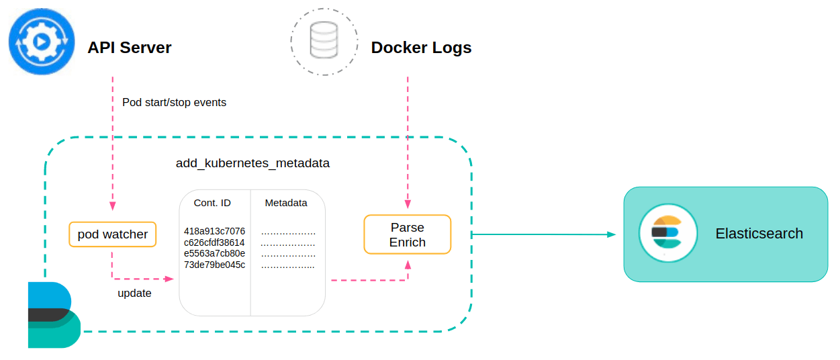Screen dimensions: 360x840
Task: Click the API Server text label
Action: [129, 48]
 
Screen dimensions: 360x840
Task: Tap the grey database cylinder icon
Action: [324, 41]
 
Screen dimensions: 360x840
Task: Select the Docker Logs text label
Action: [421, 48]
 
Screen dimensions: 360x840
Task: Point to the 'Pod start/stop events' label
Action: [174, 103]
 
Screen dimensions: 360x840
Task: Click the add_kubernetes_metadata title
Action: [252, 163]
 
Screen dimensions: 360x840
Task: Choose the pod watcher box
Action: [113, 234]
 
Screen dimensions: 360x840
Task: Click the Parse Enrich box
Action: [407, 234]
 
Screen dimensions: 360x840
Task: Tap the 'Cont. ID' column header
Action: [212, 203]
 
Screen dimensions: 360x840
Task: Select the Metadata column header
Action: [286, 203]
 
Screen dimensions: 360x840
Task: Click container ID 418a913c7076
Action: [214, 231]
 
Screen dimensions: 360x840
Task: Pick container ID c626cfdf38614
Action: [214, 242]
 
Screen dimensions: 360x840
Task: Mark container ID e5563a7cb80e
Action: [214, 253]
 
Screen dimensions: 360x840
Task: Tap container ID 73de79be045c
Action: [214, 265]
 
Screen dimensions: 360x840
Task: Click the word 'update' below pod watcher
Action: [134, 293]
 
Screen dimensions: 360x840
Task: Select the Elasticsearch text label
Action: [759, 234]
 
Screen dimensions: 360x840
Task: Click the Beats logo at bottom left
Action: [52, 315]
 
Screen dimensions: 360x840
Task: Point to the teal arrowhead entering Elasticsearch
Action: [611, 234]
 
